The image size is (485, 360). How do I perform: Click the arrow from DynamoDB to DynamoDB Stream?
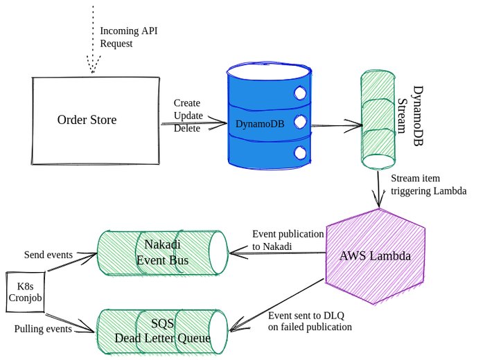pyautogui.click(x=333, y=125)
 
